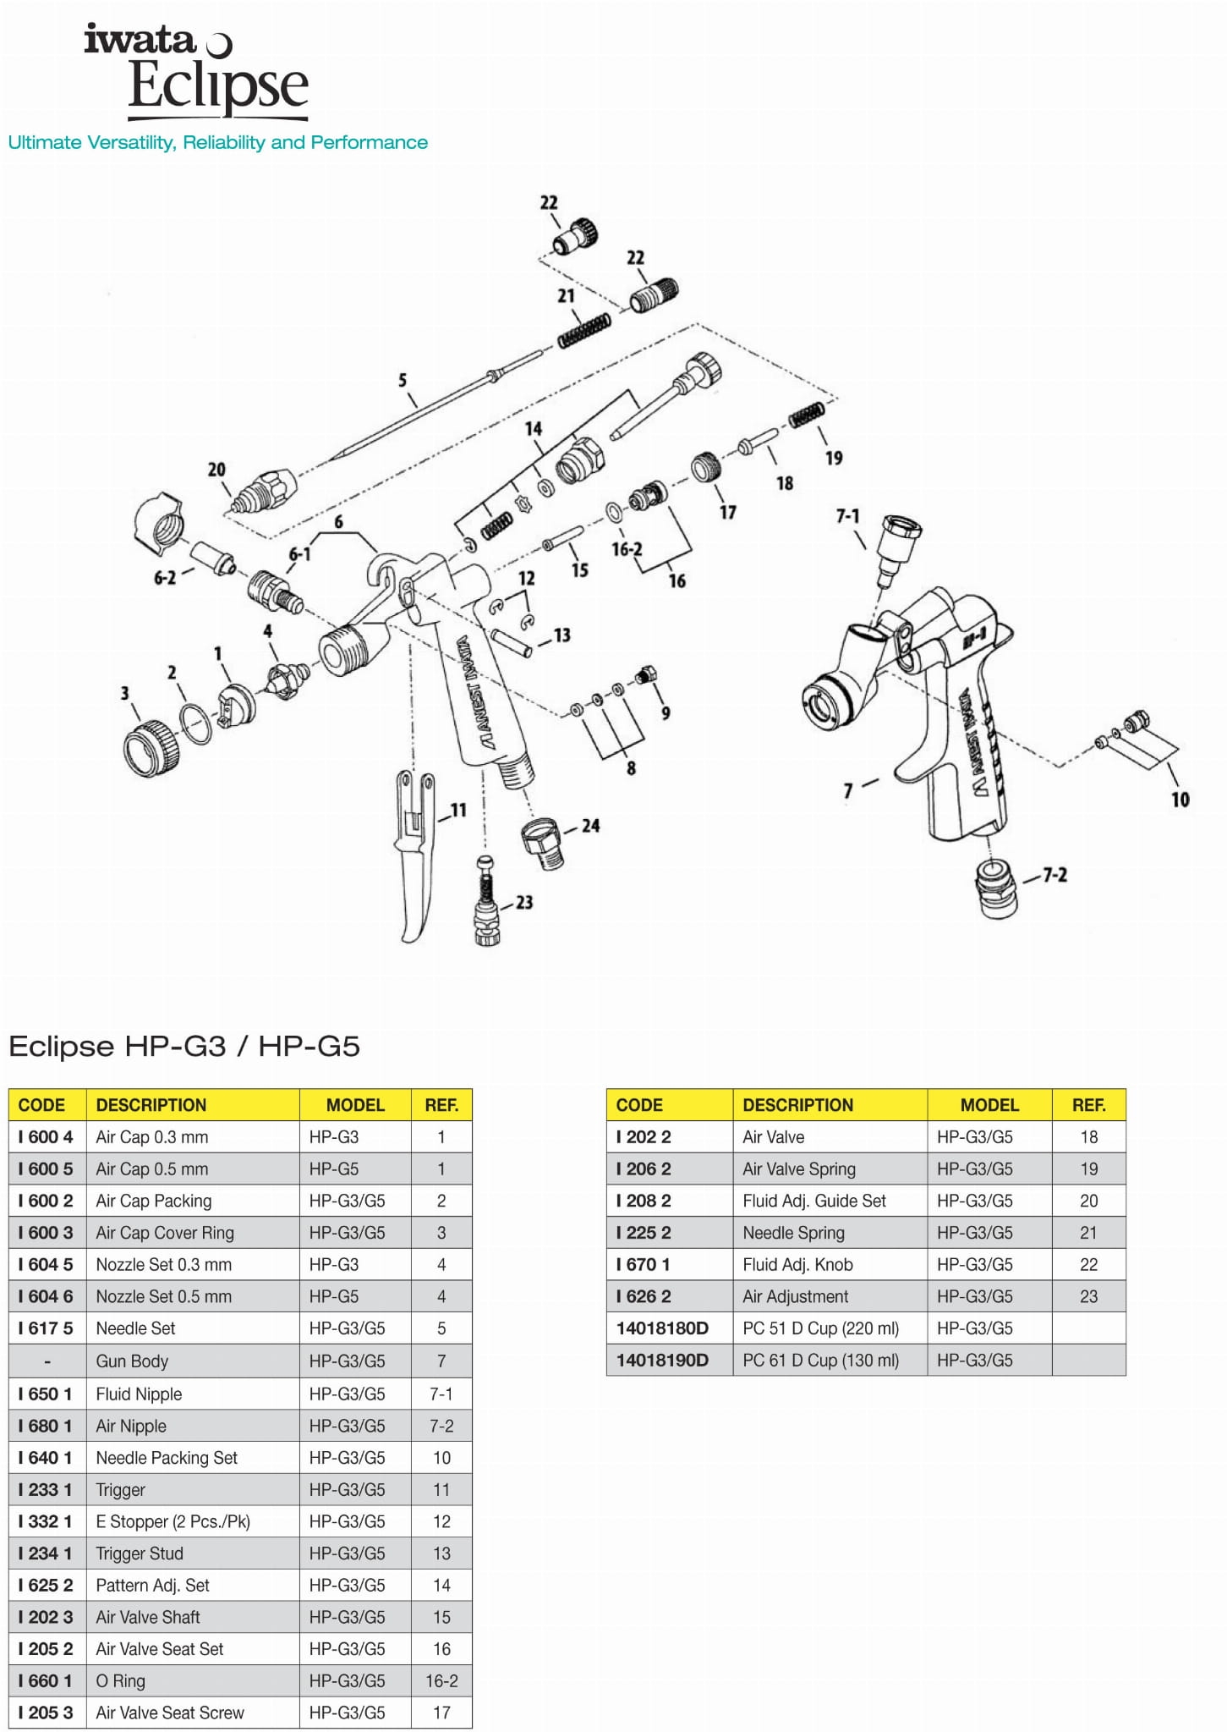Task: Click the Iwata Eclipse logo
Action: (x=197, y=71)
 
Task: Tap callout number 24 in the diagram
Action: (x=590, y=826)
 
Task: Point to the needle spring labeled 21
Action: (x=584, y=329)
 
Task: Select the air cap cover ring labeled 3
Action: (x=151, y=748)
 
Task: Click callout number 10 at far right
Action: (x=1180, y=800)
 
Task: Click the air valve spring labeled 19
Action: (x=807, y=415)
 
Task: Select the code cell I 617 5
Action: (x=47, y=1328)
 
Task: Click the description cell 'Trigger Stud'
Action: (x=140, y=1553)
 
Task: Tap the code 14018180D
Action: (x=662, y=1328)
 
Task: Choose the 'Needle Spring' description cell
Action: (x=793, y=1233)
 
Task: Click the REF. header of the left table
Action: (x=441, y=1105)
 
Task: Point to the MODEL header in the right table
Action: (x=989, y=1105)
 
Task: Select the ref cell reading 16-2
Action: (x=441, y=1681)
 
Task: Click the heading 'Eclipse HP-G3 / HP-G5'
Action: (x=184, y=1047)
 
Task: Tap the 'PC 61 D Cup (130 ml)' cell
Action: (x=820, y=1361)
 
